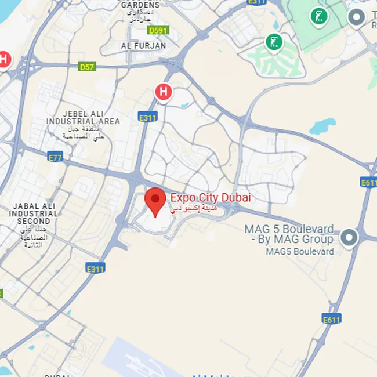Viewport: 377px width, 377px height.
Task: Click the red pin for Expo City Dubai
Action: coord(155,201)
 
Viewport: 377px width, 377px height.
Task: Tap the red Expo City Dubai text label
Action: coord(211,198)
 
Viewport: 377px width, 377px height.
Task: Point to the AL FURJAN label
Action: coord(143,45)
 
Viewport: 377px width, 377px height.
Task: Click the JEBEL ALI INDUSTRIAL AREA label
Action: coord(84,117)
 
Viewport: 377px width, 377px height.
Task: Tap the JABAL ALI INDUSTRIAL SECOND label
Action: coord(33,213)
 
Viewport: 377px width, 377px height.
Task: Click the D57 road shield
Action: coord(87,67)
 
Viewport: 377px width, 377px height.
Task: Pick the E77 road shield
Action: coord(55,157)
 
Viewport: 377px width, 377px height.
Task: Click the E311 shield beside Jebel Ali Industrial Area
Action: coord(148,117)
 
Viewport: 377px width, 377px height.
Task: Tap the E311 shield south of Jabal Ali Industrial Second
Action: coord(95,269)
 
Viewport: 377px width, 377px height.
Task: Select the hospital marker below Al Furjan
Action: coord(164,92)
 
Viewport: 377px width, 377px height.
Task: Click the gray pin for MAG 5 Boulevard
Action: coord(349,237)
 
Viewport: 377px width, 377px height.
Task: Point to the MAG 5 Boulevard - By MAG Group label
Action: coord(289,233)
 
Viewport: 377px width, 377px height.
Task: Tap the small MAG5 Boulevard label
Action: coord(300,251)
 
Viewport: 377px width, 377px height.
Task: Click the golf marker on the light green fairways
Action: coord(274,42)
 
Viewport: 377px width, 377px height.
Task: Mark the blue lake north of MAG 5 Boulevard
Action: coord(322,125)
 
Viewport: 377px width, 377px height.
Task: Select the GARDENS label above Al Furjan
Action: coord(141,5)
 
